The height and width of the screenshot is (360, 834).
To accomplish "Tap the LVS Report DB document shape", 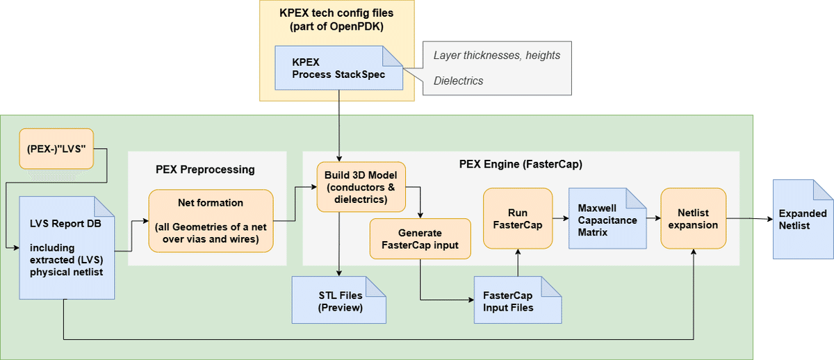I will point(67,247).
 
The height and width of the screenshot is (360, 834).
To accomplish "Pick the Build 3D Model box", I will point(361,186).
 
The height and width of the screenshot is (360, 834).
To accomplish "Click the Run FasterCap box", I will point(517,218).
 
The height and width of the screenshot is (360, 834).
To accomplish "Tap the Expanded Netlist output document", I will point(803,218).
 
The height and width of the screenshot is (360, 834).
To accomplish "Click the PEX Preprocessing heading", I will point(205,169).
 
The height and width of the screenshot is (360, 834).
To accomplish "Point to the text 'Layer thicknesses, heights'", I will point(497,55).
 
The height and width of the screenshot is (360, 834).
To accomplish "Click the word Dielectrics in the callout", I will point(458,81).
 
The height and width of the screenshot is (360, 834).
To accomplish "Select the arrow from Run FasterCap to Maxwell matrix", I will point(560,218).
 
